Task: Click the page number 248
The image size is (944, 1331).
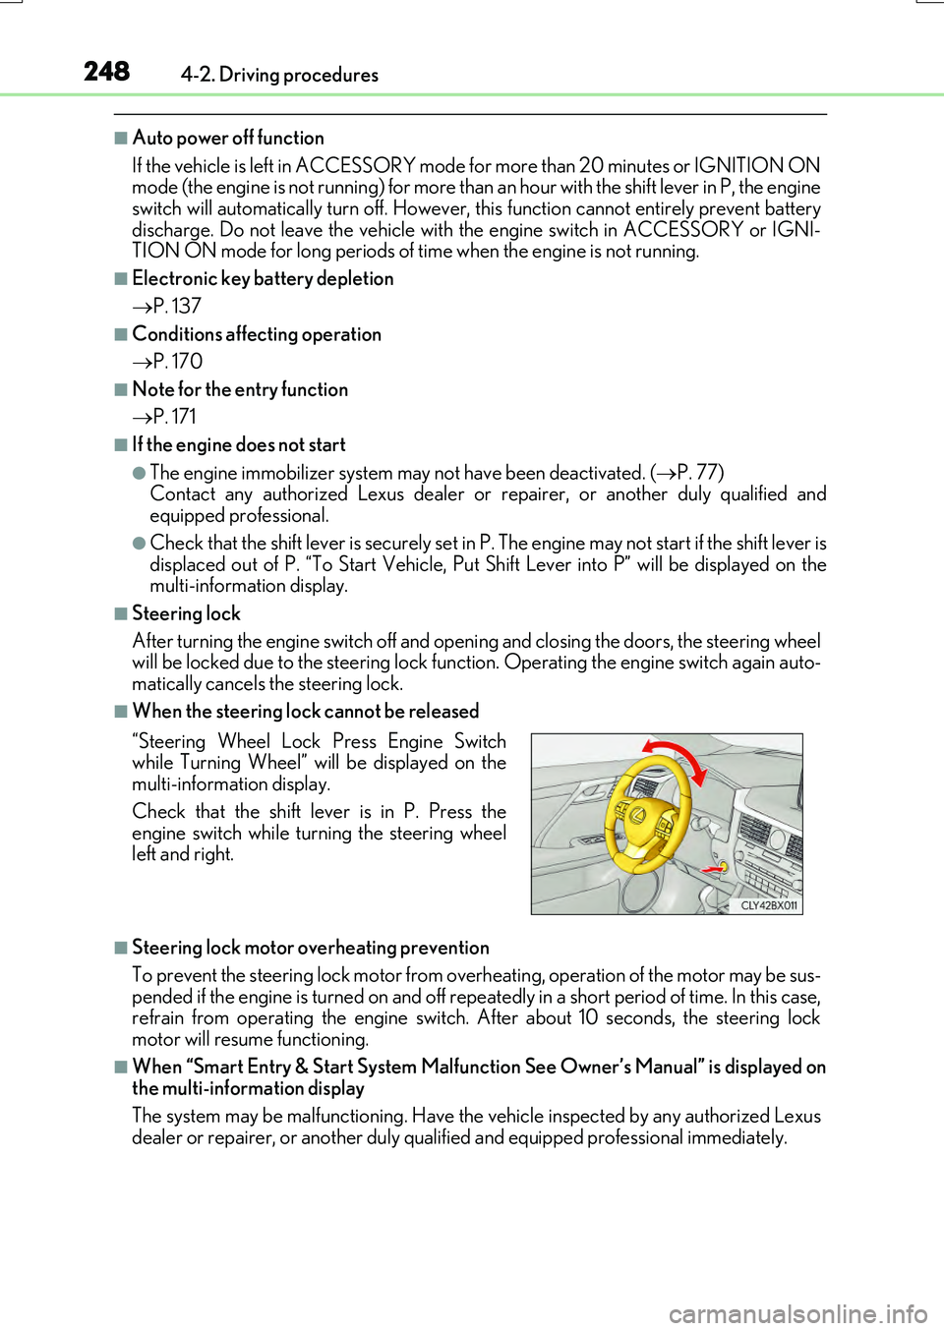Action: tap(106, 72)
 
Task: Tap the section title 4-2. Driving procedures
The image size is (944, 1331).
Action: tap(279, 75)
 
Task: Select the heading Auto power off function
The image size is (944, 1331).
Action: tap(228, 138)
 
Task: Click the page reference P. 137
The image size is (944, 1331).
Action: tap(176, 306)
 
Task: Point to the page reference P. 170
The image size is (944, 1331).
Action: tap(177, 361)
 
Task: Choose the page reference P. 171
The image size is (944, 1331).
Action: tap(174, 416)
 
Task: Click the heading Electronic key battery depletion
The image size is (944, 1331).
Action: tap(263, 278)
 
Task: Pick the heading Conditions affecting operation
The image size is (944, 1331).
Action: tap(257, 334)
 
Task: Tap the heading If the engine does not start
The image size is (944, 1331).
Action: tap(239, 444)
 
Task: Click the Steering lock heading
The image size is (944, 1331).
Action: tap(186, 613)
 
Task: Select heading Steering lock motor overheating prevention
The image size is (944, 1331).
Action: tap(311, 948)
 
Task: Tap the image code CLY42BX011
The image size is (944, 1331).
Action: tap(769, 905)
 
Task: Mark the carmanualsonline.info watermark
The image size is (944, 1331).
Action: tap(797, 1313)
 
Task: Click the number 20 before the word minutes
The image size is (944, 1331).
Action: tap(591, 165)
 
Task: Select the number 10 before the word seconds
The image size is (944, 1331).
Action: tap(588, 1017)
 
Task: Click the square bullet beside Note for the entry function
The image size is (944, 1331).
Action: tap(121, 389)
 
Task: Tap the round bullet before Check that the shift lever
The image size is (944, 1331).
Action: tap(140, 543)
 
